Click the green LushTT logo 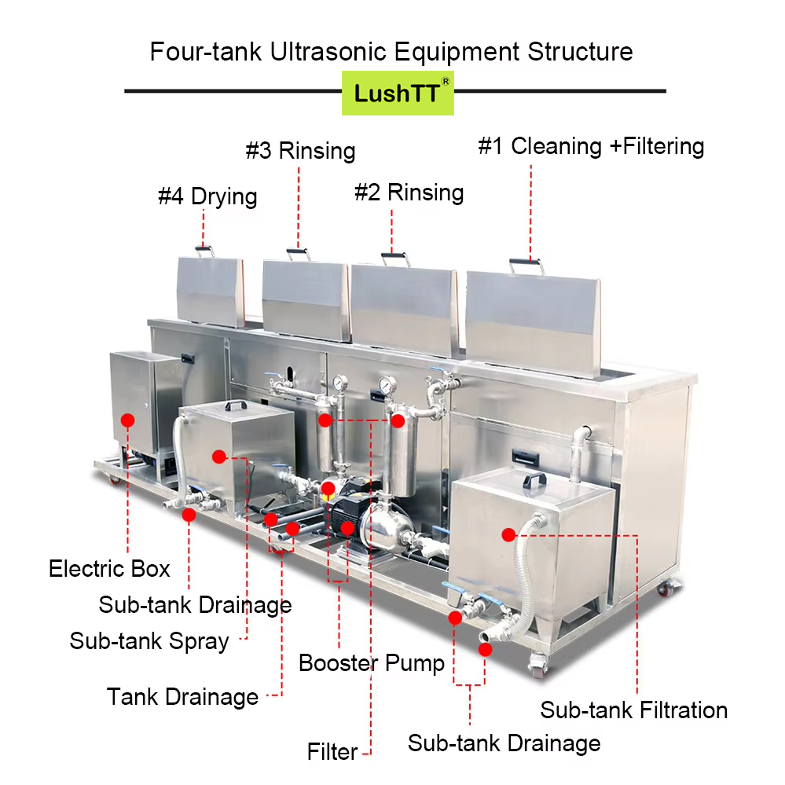(x=398, y=92)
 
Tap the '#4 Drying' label (x=207, y=196)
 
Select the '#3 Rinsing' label (x=300, y=150)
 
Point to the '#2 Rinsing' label (x=409, y=193)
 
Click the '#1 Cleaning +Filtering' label (x=591, y=146)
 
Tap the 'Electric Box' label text (x=109, y=568)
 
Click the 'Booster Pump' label (x=371, y=663)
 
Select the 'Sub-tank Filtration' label (x=633, y=710)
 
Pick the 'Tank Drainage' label (x=182, y=696)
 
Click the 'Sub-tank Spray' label (x=149, y=640)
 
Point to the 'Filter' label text (x=332, y=752)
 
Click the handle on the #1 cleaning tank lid (x=524, y=265)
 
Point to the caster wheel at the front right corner (x=539, y=666)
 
